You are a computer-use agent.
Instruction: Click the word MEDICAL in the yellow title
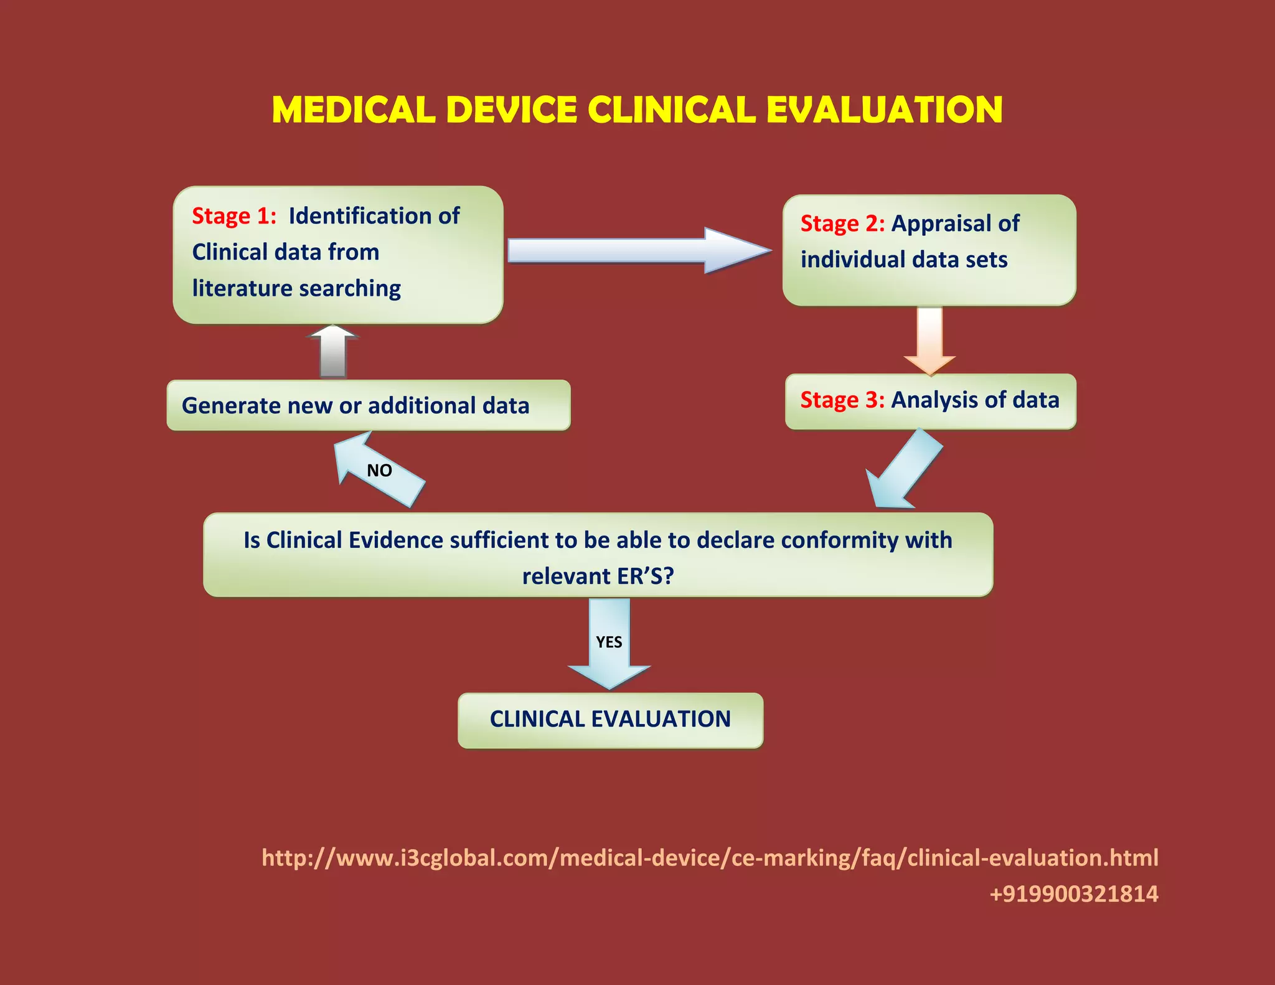353,110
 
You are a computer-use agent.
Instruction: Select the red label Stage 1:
233,216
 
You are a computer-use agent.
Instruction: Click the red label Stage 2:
842,224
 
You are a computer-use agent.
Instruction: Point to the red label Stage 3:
842,400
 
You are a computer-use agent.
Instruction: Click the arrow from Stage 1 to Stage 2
638,250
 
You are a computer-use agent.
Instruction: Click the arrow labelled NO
379,471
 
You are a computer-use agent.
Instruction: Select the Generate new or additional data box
368,405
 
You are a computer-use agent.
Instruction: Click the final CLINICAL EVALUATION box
610,720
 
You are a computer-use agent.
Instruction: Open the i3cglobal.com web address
710,858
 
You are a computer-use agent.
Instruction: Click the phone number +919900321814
1073,894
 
